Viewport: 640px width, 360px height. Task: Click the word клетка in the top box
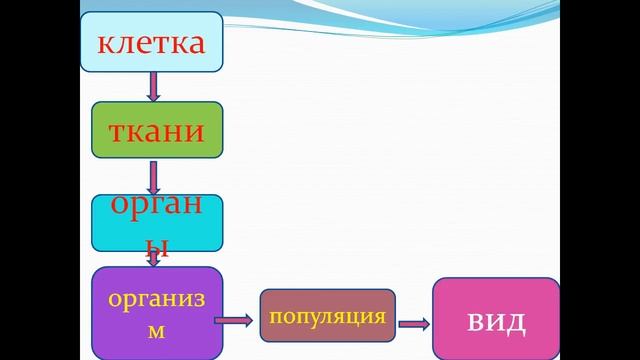pyautogui.click(x=151, y=43)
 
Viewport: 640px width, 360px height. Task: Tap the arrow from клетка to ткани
pyautogui.click(x=153, y=88)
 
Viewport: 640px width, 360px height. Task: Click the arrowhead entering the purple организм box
pyautogui.click(x=153, y=261)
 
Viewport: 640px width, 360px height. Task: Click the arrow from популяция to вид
pyautogui.click(x=413, y=323)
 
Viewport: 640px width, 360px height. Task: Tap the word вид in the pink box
pyautogui.click(x=495, y=321)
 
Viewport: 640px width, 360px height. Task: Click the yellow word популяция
pyautogui.click(x=327, y=317)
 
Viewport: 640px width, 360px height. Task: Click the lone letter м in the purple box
pyautogui.click(x=156, y=330)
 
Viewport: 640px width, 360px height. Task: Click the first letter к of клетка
pyautogui.click(x=106, y=44)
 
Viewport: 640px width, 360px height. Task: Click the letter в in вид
pyautogui.click(x=477, y=322)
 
